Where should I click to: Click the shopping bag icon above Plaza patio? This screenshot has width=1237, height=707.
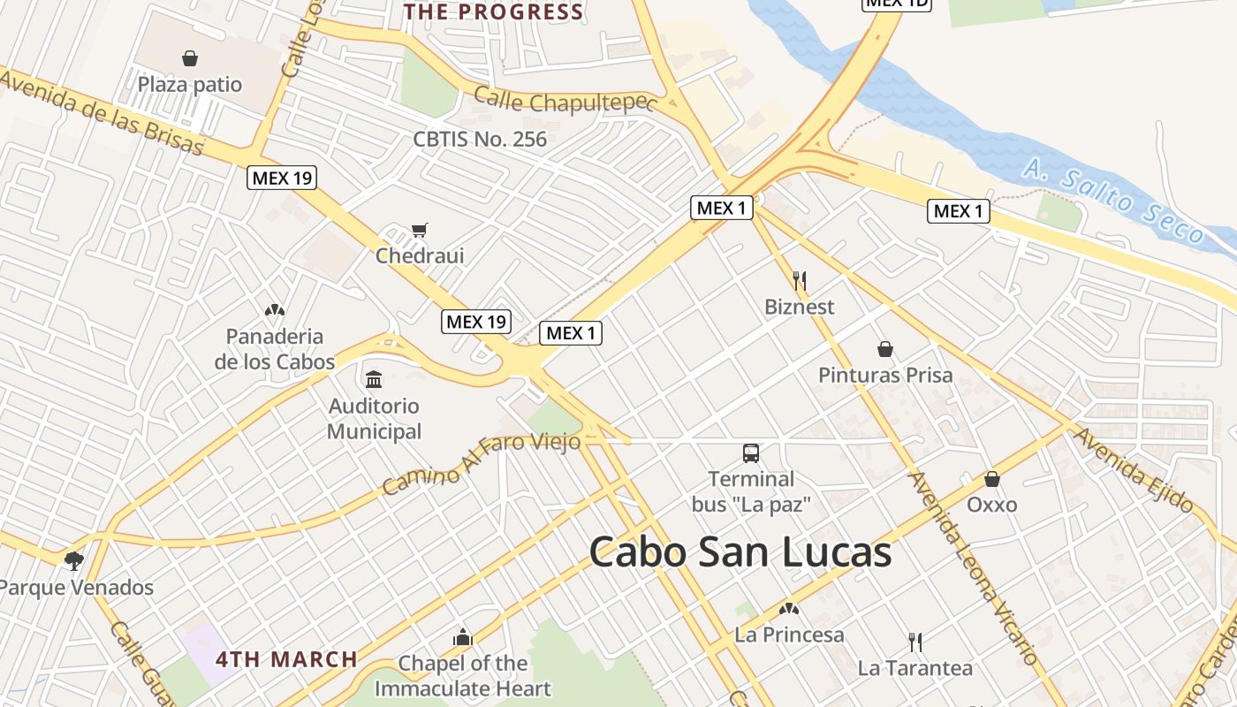click(x=189, y=59)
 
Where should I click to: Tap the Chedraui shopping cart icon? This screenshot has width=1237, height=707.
click(x=420, y=231)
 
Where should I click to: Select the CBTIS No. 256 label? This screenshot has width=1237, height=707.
click(x=480, y=140)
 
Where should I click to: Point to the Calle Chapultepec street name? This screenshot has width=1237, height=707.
click(x=566, y=99)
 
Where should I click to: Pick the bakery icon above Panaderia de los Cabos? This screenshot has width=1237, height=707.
click(x=274, y=310)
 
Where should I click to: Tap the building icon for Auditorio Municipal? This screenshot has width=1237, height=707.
click(x=374, y=379)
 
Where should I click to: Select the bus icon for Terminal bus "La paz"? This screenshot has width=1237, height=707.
click(x=750, y=453)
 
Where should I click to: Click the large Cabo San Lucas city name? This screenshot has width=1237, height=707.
click(x=740, y=552)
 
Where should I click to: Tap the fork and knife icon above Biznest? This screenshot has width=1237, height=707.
click(x=799, y=281)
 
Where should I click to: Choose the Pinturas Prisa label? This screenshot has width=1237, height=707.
click(x=885, y=375)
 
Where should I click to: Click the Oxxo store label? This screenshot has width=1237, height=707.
click(x=991, y=505)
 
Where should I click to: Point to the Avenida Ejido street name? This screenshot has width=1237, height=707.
click(x=1133, y=470)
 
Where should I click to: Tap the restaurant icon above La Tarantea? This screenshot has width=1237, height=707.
click(x=915, y=642)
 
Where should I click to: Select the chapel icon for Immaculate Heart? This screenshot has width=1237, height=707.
click(x=462, y=637)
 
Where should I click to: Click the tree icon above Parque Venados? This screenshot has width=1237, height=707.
click(x=74, y=559)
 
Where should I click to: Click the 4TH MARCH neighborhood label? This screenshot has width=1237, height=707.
click(x=286, y=659)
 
